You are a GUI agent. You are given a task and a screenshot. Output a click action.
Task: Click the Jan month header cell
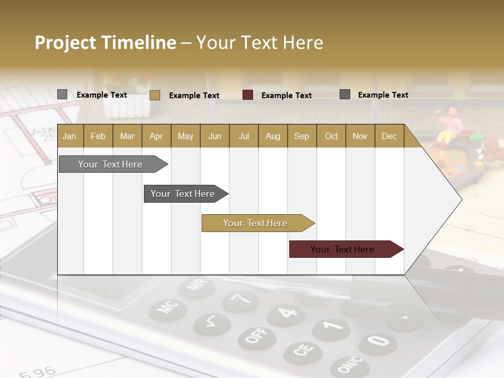(70, 136)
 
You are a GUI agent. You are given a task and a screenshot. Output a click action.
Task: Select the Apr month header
(156, 136)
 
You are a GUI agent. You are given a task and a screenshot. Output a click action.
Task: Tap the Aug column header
(272, 136)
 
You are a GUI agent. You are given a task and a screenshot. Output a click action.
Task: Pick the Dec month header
(389, 136)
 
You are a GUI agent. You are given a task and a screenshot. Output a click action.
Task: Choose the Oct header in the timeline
(331, 136)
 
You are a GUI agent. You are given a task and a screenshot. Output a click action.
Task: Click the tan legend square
(154, 95)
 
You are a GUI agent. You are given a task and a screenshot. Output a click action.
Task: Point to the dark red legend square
(248, 95)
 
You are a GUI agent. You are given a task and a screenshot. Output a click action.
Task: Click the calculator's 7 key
(240, 301)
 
